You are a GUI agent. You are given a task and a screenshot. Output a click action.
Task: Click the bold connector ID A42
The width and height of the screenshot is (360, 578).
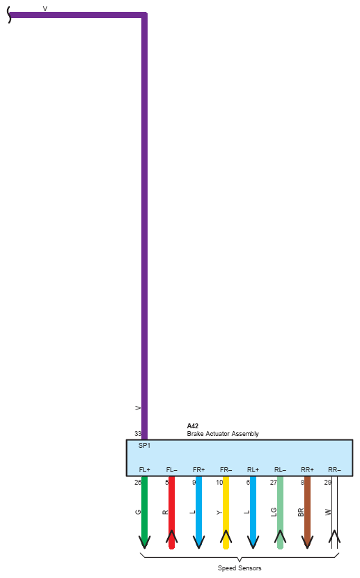(192, 425)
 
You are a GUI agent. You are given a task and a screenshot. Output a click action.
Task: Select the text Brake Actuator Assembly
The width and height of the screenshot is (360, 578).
(223, 433)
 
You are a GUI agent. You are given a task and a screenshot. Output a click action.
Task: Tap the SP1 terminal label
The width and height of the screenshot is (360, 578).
(144, 446)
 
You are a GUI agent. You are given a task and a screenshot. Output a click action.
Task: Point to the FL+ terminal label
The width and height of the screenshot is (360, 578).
(144, 469)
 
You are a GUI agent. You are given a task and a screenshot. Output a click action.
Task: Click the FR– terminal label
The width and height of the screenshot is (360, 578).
(226, 469)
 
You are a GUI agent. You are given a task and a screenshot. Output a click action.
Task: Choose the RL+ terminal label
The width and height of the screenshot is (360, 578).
(253, 469)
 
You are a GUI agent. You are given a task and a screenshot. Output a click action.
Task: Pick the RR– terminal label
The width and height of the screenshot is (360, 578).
(334, 469)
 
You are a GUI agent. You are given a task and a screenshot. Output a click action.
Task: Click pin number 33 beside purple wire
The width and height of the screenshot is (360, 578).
(138, 433)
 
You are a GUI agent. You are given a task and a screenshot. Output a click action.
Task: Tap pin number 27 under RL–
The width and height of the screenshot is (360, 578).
(274, 482)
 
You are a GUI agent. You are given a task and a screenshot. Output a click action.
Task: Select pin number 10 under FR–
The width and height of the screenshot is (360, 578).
(219, 482)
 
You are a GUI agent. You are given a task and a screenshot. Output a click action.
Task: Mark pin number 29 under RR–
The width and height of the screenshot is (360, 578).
(327, 482)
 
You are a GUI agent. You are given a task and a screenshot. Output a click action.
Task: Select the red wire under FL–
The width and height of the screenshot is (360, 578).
(171, 513)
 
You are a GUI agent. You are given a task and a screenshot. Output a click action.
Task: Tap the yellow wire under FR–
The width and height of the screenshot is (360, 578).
(226, 513)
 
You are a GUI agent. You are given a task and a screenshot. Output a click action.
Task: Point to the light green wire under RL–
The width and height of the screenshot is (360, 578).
(280, 513)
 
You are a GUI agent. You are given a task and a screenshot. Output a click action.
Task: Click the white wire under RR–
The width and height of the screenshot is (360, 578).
(334, 513)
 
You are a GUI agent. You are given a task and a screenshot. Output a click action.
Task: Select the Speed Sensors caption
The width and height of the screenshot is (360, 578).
(240, 568)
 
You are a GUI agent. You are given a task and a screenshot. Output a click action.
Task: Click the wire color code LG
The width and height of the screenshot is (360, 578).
(274, 512)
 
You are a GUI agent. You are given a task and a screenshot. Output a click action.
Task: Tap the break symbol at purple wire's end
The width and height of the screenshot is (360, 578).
(9, 15)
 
